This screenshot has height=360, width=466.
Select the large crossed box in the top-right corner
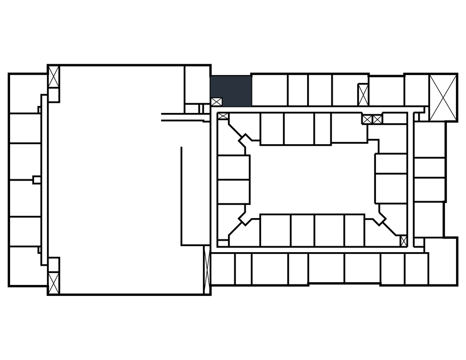point(443,97)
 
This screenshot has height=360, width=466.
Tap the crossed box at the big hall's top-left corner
point(54,77)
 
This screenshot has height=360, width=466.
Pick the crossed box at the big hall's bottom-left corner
point(54,282)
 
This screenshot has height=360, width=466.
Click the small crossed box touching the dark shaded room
point(216,102)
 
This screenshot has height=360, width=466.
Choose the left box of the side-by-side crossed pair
point(367,119)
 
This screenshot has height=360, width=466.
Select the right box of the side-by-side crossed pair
point(377,119)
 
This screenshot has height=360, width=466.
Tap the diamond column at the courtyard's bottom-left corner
point(246,218)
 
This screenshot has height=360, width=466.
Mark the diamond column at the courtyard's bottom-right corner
point(379,218)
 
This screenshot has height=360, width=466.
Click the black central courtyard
point(313,179)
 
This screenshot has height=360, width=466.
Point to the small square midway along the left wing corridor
point(36,180)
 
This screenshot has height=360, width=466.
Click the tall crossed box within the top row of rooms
point(363,95)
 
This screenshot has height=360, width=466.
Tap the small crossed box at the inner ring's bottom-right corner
point(403,241)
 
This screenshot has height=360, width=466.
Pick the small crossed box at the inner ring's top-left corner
point(223,117)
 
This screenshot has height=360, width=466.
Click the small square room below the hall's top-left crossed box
point(54,95)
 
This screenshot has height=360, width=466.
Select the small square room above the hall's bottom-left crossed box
point(54,264)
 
